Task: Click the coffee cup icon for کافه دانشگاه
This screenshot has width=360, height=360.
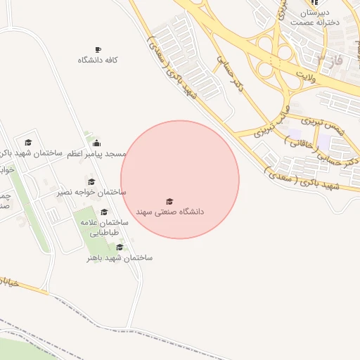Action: coord(98,49)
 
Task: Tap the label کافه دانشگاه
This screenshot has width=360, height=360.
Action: coord(98,60)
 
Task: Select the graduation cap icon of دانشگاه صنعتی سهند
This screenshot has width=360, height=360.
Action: coord(169,202)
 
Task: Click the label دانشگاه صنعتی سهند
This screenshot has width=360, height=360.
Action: coord(172,211)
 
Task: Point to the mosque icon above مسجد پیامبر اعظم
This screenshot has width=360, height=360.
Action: coord(96,143)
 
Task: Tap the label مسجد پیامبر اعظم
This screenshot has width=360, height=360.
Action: coord(97,153)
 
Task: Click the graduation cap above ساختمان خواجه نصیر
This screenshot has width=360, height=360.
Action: coord(91,182)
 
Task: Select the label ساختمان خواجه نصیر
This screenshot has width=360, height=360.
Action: coord(91,192)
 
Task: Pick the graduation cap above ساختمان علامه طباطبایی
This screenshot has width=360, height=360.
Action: coord(104,212)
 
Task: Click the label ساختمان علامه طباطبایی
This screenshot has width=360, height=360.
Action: coord(103,226)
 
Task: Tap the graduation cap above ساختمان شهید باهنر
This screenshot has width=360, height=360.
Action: coord(120,247)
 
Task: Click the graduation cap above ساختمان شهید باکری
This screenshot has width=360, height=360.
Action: coord(28,142)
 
